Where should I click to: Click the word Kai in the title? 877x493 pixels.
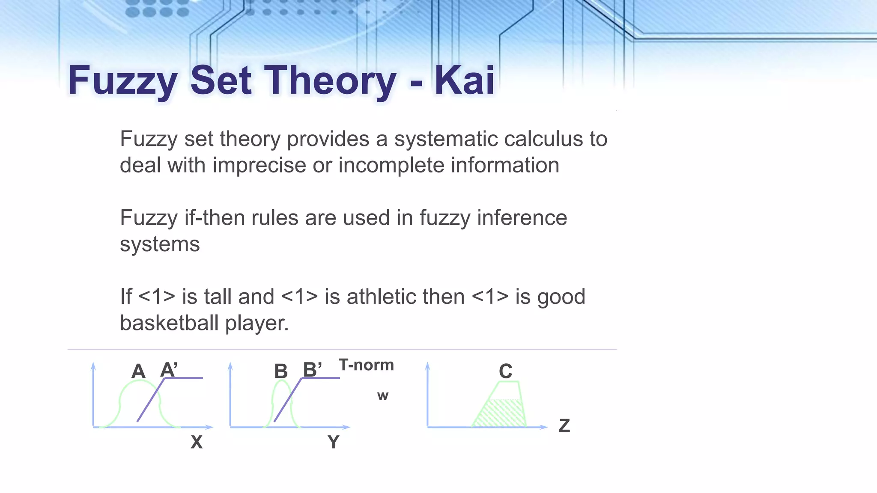(x=465, y=80)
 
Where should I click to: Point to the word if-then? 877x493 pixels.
(x=215, y=218)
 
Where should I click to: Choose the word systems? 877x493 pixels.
(x=160, y=244)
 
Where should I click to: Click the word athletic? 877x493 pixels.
(x=405, y=297)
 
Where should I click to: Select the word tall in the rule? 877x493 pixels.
(x=218, y=297)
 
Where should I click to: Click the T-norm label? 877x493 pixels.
(x=366, y=365)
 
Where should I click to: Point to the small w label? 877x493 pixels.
(x=383, y=396)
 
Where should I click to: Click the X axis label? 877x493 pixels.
(x=197, y=442)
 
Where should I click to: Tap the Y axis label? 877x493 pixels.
(x=333, y=442)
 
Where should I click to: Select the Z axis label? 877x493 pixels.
(x=564, y=426)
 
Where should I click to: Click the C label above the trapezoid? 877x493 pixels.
(x=505, y=371)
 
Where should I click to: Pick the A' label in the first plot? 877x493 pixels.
(x=169, y=370)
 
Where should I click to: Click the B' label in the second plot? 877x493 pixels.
(x=312, y=370)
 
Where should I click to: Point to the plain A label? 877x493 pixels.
(x=138, y=371)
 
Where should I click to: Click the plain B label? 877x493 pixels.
(x=281, y=371)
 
